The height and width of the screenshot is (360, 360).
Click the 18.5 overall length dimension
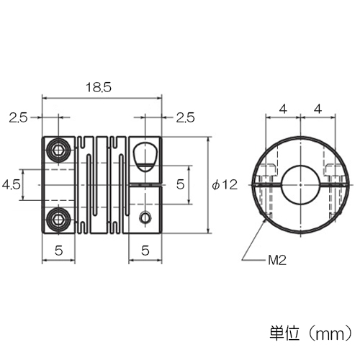99,87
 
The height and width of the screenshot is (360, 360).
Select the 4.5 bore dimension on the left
11,185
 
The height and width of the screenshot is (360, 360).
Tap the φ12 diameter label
225,185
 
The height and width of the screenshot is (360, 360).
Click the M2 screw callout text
277,260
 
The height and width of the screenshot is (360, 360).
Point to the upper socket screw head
58,150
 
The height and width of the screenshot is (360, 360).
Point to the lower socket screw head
58,219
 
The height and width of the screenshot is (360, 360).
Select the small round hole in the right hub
145,217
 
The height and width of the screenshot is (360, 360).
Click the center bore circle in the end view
301,185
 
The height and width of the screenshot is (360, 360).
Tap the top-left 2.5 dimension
18,118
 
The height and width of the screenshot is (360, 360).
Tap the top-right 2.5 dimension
185,118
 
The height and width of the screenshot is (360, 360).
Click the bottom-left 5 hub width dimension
58,251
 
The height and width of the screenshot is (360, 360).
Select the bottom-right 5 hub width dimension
145,251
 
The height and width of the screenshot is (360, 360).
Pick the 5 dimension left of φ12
180,184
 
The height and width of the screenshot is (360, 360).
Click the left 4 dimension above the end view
284,109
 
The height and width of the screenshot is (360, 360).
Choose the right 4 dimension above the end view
318,109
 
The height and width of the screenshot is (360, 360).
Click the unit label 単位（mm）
311,333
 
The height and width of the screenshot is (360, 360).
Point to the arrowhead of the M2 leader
266,220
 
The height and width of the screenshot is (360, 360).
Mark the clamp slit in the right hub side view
145,185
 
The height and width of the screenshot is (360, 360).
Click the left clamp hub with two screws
58,185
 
